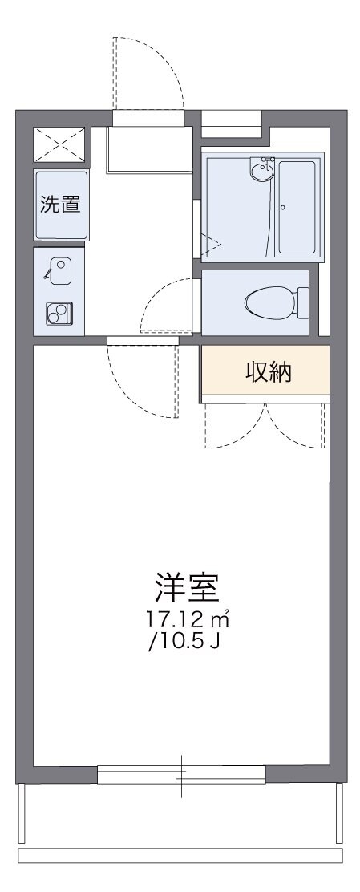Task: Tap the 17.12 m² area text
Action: coord(189,619)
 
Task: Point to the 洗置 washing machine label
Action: coord(60,204)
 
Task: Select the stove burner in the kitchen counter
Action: coord(59,313)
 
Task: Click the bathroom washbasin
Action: coord(261,168)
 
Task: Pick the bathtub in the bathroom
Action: coord(299,207)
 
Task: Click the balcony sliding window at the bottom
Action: coord(181,775)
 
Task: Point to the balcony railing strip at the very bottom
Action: coord(180,855)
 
